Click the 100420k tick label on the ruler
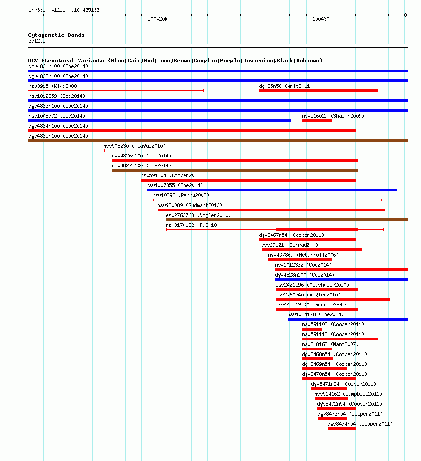158,19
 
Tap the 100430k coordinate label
322,19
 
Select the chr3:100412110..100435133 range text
64,10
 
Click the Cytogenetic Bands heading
56,35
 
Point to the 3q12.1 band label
37,41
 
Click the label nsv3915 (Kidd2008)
54,86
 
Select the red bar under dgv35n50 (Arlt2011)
318,91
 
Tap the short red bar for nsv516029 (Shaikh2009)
317,121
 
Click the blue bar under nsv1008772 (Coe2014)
160,121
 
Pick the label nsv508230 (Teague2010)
134,146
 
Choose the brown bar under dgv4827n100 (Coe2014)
235,170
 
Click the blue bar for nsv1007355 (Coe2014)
272,190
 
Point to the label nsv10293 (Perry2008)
181,196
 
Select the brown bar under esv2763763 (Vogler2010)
287,220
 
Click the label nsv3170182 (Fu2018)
193,225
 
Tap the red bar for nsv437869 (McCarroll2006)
300,260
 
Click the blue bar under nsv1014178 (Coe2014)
348,319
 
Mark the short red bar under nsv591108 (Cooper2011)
312,329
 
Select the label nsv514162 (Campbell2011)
348,394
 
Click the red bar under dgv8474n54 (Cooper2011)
342,428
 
